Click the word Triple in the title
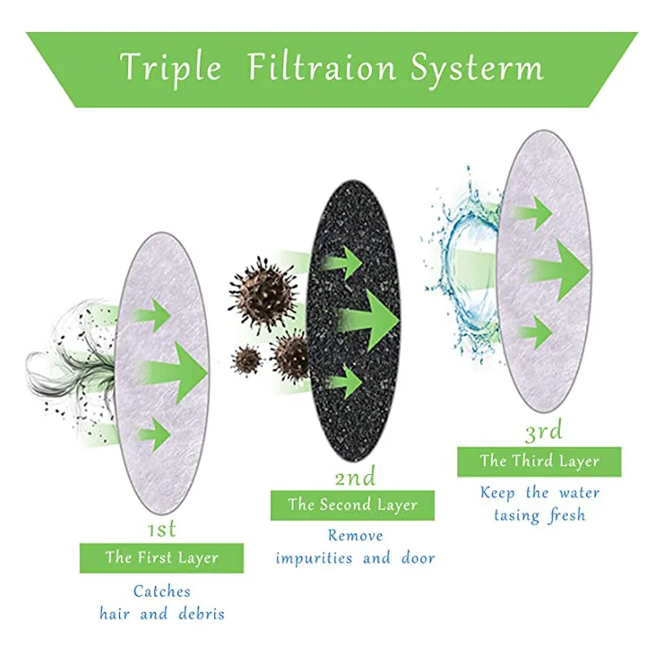170,68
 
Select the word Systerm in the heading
477,69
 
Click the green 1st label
162,530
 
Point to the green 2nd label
355,477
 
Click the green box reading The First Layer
162,558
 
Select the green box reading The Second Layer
353,505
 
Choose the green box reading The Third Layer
539,461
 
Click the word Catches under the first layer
162,591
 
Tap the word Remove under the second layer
355,536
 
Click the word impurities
314,559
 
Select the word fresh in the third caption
563,515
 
